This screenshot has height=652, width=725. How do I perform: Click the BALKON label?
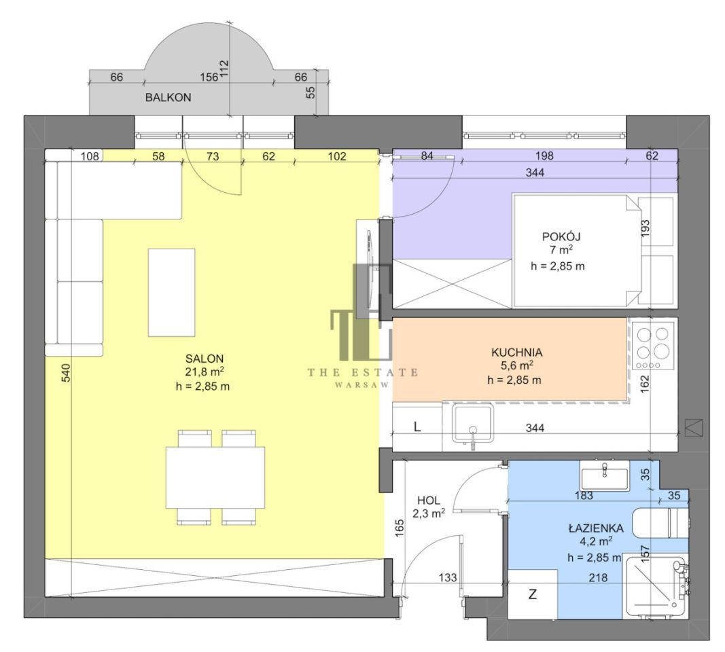(169, 98)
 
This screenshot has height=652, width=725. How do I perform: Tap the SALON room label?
(205, 359)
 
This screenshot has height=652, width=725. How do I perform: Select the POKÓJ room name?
(561, 236)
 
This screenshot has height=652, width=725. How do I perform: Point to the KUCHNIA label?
(516, 352)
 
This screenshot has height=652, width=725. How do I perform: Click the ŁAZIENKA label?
(596, 528)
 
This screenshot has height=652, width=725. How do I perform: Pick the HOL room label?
(429, 500)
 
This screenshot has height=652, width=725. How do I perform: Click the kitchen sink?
(472, 422)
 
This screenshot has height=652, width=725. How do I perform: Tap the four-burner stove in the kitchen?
(654, 347)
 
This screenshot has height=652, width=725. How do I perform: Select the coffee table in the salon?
(171, 293)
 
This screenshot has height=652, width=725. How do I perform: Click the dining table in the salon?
(215, 477)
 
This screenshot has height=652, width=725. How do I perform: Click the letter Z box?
(533, 594)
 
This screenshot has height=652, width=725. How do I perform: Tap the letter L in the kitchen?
(417, 427)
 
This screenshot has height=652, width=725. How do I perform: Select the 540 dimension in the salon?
(66, 373)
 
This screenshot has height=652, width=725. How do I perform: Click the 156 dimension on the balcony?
(209, 77)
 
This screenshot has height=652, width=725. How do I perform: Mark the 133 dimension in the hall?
(448, 577)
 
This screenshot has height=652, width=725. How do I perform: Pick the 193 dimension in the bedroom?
(646, 228)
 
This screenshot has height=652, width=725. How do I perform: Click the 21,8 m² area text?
(205, 372)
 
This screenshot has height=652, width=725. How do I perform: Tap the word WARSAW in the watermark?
(362, 385)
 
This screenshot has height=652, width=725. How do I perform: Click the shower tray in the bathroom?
(654, 585)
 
